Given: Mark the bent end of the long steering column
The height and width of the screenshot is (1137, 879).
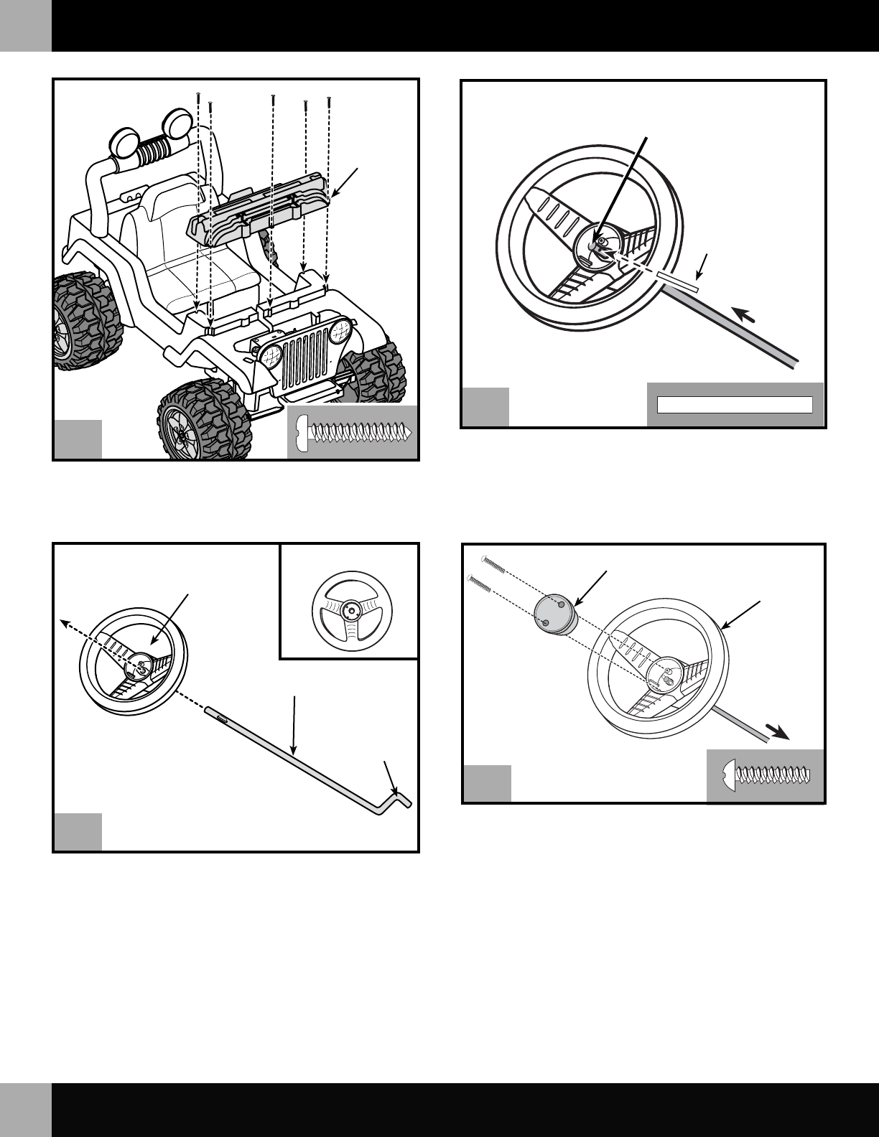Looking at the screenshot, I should click(402, 797).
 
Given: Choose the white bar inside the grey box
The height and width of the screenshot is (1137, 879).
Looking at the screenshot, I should click(735, 404).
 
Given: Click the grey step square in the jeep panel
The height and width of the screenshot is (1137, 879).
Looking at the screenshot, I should click(78, 439).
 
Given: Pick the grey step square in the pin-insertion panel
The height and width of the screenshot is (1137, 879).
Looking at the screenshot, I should click(485, 407).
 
